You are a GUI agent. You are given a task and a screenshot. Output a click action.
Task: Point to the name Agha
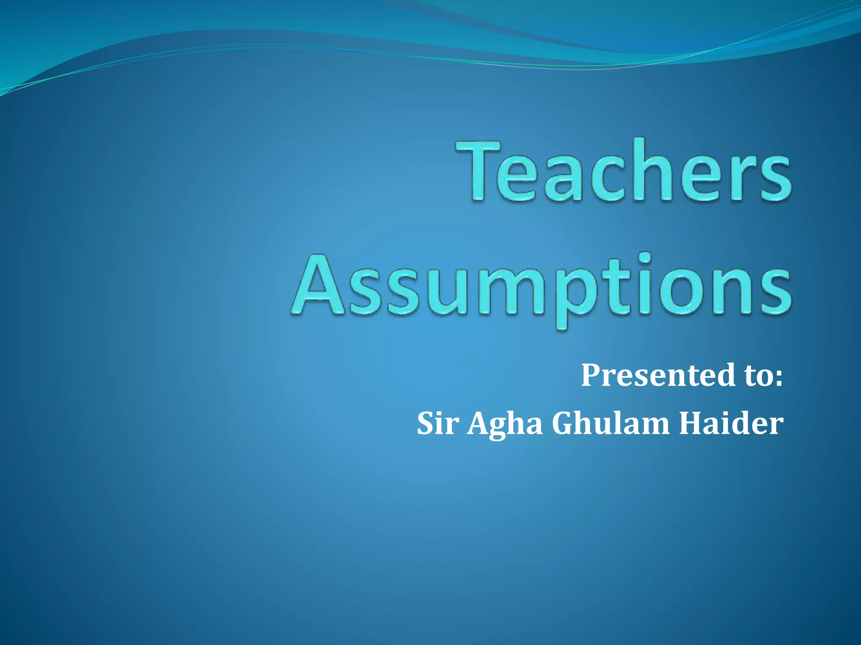click(505, 424)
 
